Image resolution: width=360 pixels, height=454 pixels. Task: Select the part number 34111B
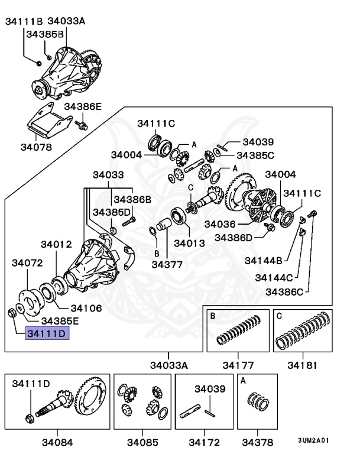24,22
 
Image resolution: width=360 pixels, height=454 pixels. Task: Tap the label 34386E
83,106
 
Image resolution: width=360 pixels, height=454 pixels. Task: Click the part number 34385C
255,155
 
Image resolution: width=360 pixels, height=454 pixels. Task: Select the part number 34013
189,243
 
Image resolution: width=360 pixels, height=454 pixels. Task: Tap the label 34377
167,264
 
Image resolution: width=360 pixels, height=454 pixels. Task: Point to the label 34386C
284,291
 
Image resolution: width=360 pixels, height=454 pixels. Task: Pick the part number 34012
56,244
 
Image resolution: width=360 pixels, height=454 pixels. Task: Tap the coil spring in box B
238,332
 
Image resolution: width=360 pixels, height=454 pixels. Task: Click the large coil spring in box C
304,331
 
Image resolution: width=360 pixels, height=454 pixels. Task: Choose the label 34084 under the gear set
57,442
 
